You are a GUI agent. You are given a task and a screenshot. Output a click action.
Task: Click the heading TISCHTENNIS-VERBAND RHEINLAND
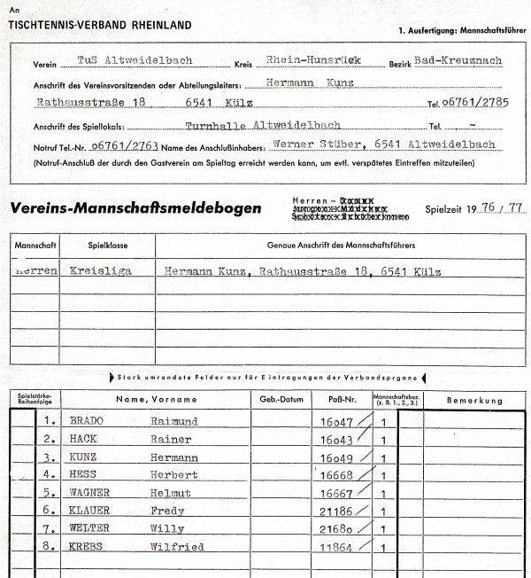(x=99, y=25)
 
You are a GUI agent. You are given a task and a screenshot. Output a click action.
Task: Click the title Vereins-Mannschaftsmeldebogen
(x=135, y=209)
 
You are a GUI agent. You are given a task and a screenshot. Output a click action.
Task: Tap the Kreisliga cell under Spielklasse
(x=100, y=271)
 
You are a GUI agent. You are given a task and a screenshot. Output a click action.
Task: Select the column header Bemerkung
(x=473, y=400)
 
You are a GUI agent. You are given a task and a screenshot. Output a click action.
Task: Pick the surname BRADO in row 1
(x=89, y=422)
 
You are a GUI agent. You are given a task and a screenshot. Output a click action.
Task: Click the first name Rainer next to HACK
(x=171, y=440)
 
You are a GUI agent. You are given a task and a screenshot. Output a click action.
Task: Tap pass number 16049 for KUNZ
(x=336, y=458)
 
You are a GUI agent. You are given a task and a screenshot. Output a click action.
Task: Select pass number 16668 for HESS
(x=336, y=476)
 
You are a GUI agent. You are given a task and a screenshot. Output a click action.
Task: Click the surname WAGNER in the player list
(x=93, y=494)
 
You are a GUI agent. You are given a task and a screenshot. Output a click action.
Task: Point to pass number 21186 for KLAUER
(x=336, y=512)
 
